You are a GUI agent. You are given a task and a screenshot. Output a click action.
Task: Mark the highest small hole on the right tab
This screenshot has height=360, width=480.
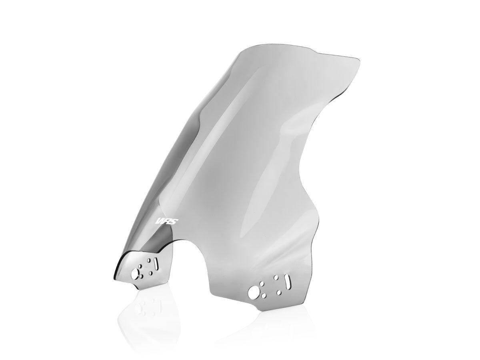(x=275, y=277)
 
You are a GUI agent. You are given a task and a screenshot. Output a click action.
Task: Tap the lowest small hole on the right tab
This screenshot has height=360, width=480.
(x=263, y=296)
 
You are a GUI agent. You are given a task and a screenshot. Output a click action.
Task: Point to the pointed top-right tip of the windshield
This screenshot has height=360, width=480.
(x=359, y=60)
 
